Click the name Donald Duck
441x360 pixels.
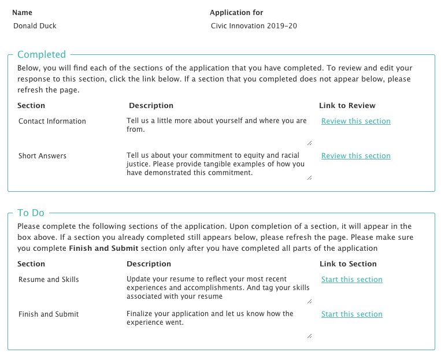35,26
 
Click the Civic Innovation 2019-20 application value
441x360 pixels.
254,26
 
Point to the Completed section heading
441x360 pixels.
42,54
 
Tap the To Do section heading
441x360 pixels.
31,213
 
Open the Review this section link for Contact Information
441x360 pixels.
355,121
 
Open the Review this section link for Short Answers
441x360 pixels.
355,156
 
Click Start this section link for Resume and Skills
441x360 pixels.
351,280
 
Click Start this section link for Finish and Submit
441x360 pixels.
351,314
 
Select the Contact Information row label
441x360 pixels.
52,121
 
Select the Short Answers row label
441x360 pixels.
42,156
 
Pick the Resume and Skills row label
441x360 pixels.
49,280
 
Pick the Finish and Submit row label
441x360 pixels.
49,314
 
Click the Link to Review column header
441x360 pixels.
347,106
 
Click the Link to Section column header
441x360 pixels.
348,264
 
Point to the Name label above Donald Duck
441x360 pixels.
22,13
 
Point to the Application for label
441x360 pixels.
236,13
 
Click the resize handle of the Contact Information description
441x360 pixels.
309,143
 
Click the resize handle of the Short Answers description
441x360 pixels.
309,177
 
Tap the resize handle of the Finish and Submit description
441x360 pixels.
309,336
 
